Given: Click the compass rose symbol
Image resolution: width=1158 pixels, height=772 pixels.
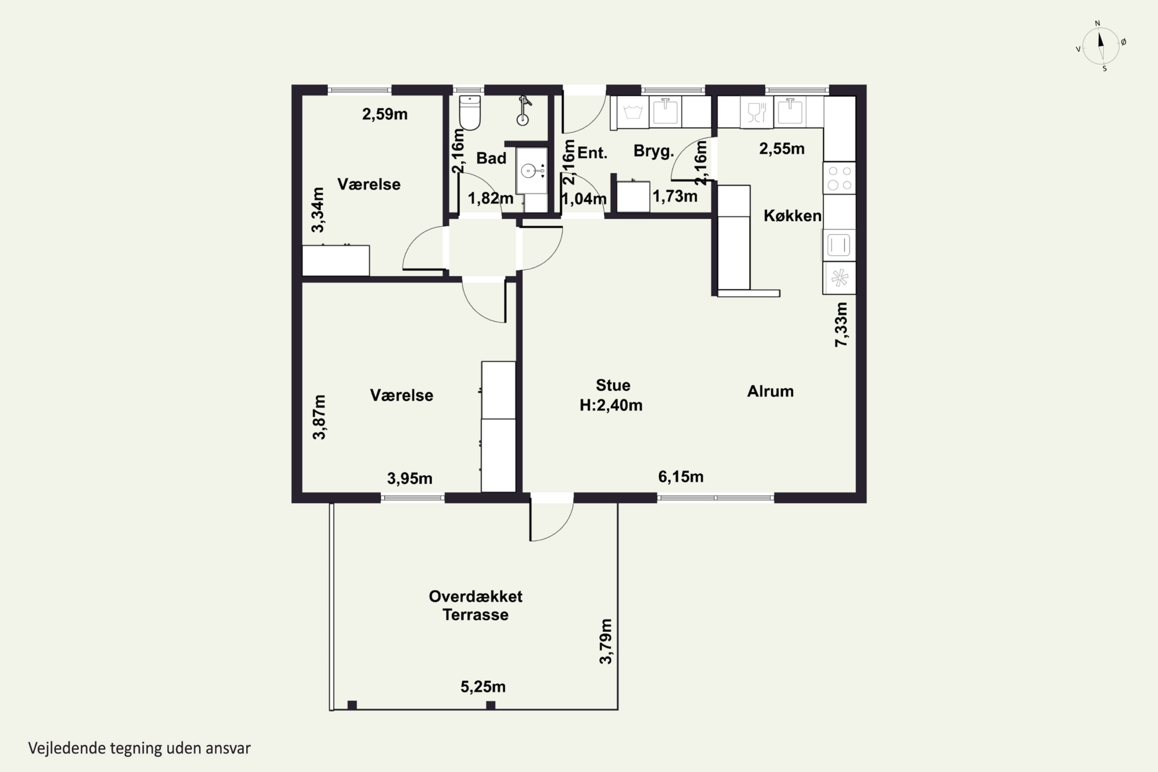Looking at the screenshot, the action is coord(1101,46).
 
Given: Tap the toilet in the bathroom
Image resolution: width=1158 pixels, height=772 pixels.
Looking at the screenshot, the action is coord(470,113).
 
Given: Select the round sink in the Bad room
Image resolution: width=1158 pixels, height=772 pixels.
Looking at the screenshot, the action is coord(528,171).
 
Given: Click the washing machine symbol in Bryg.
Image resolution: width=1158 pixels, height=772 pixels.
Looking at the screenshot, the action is coord(633,112).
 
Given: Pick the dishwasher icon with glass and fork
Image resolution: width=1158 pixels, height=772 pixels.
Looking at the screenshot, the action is coord(757,112).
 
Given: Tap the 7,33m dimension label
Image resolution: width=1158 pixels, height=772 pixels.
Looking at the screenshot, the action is coord(841,325).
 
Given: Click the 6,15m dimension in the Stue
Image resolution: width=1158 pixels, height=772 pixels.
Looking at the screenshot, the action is coord(681,477).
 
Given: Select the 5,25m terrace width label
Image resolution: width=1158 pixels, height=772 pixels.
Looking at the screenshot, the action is coord(483,687).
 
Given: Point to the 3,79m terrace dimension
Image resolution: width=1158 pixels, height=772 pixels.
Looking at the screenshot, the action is coord(606,642).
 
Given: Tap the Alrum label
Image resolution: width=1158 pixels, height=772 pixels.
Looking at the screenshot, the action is coord(770,391).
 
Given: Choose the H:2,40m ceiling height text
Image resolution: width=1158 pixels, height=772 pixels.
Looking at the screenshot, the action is coord(611,405).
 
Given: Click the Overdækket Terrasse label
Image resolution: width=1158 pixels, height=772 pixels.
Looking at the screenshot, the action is coord(476,606).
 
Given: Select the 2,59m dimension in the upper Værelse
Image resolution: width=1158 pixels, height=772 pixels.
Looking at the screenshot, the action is coord(385,114).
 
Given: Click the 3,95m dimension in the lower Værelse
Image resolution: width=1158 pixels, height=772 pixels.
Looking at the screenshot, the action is coord(410,478).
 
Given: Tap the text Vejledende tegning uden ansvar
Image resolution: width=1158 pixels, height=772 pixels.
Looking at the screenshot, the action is coord(139,748).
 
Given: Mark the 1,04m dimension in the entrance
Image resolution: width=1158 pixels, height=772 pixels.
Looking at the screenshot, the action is coord(584,199).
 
